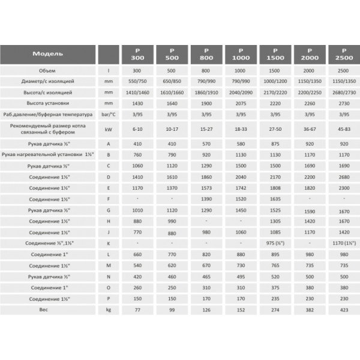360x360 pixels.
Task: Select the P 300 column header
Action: point(137,55)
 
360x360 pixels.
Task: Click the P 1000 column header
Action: point(241,55)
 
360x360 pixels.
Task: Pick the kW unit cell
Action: point(109,128)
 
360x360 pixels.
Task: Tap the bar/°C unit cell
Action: point(109,115)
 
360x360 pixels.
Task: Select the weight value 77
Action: point(137,311)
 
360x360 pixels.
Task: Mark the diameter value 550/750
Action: point(137,82)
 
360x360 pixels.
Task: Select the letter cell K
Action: point(109,244)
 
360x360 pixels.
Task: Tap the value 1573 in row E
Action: point(206,187)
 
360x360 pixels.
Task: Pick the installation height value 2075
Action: point(241,104)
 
